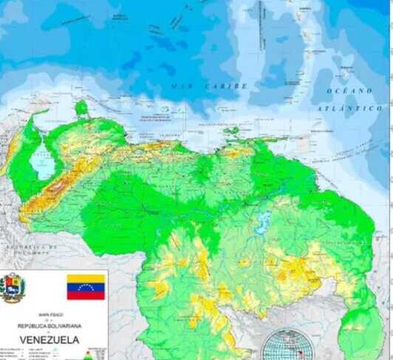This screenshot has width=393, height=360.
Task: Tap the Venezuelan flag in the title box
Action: [86, 287]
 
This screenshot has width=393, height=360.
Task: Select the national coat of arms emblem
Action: [13, 288]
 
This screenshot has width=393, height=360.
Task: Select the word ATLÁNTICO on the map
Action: [350, 108]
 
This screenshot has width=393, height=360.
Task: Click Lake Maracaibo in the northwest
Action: [44, 160]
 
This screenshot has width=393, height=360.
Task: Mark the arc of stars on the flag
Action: [86, 287]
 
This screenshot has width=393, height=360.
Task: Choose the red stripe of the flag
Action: [86, 295]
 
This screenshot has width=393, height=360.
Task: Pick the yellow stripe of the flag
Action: [86, 279]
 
